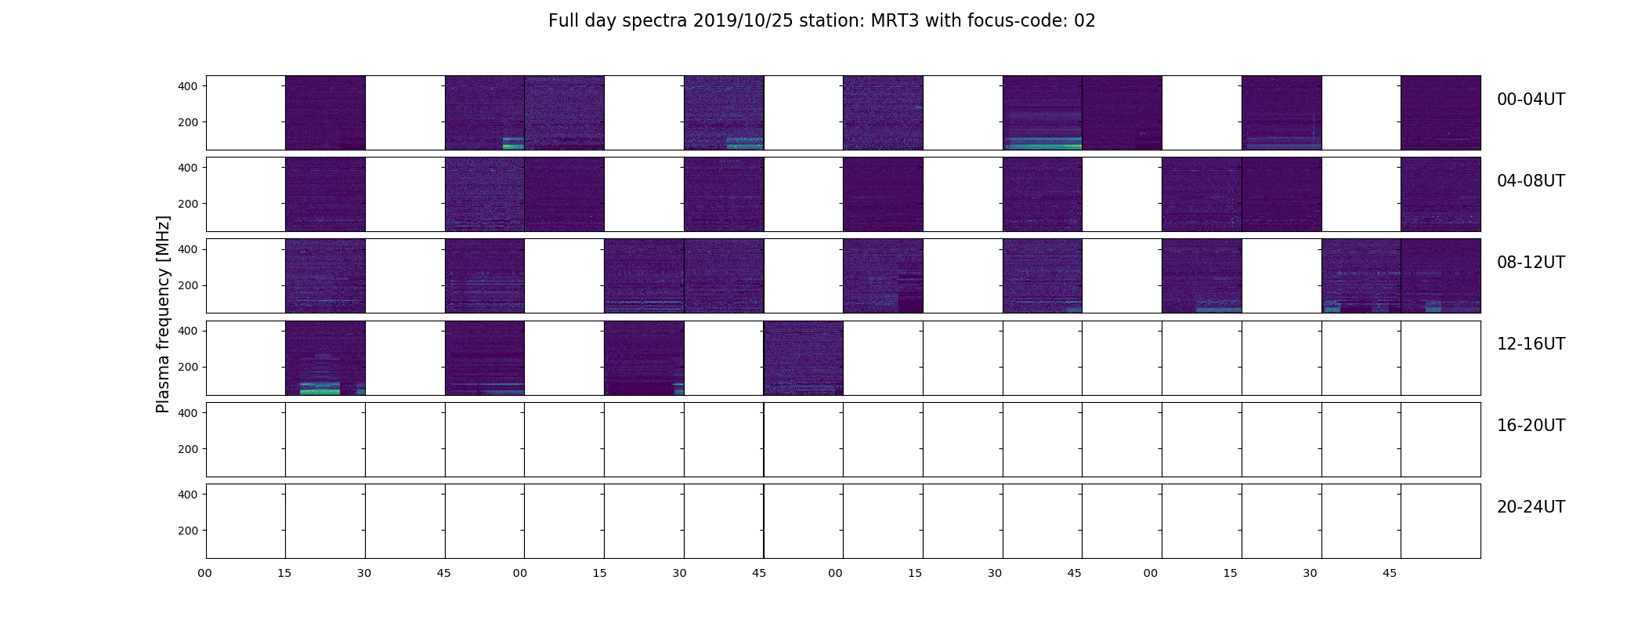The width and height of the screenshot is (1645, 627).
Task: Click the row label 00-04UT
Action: (1531, 100)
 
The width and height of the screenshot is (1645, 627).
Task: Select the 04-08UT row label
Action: (1531, 181)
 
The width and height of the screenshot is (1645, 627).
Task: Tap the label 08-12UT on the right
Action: (1531, 263)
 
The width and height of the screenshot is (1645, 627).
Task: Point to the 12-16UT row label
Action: (1531, 344)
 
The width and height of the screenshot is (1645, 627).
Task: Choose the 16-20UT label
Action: (1531, 426)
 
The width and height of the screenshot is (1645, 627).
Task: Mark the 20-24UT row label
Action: (1531, 507)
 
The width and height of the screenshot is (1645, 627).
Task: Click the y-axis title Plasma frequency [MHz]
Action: (163, 314)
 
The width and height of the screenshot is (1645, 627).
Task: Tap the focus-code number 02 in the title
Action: (1084, 21)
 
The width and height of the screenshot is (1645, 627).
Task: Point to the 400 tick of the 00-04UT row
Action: (188, 86)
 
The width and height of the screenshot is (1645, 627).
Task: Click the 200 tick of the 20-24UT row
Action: (188, 531)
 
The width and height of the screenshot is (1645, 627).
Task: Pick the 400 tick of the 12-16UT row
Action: (188, 331)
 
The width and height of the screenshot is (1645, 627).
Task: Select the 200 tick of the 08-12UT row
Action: (188, 285)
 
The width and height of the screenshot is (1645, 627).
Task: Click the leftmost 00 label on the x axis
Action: (205, 573)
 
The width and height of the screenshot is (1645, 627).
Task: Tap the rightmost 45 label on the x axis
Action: (1390, 573)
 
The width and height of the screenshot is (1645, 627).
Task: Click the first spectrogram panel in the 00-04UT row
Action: (325, 113)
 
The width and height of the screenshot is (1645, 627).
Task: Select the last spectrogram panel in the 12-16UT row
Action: (804, 358)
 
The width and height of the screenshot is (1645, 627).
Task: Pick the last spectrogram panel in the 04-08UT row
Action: (1441, 194)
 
